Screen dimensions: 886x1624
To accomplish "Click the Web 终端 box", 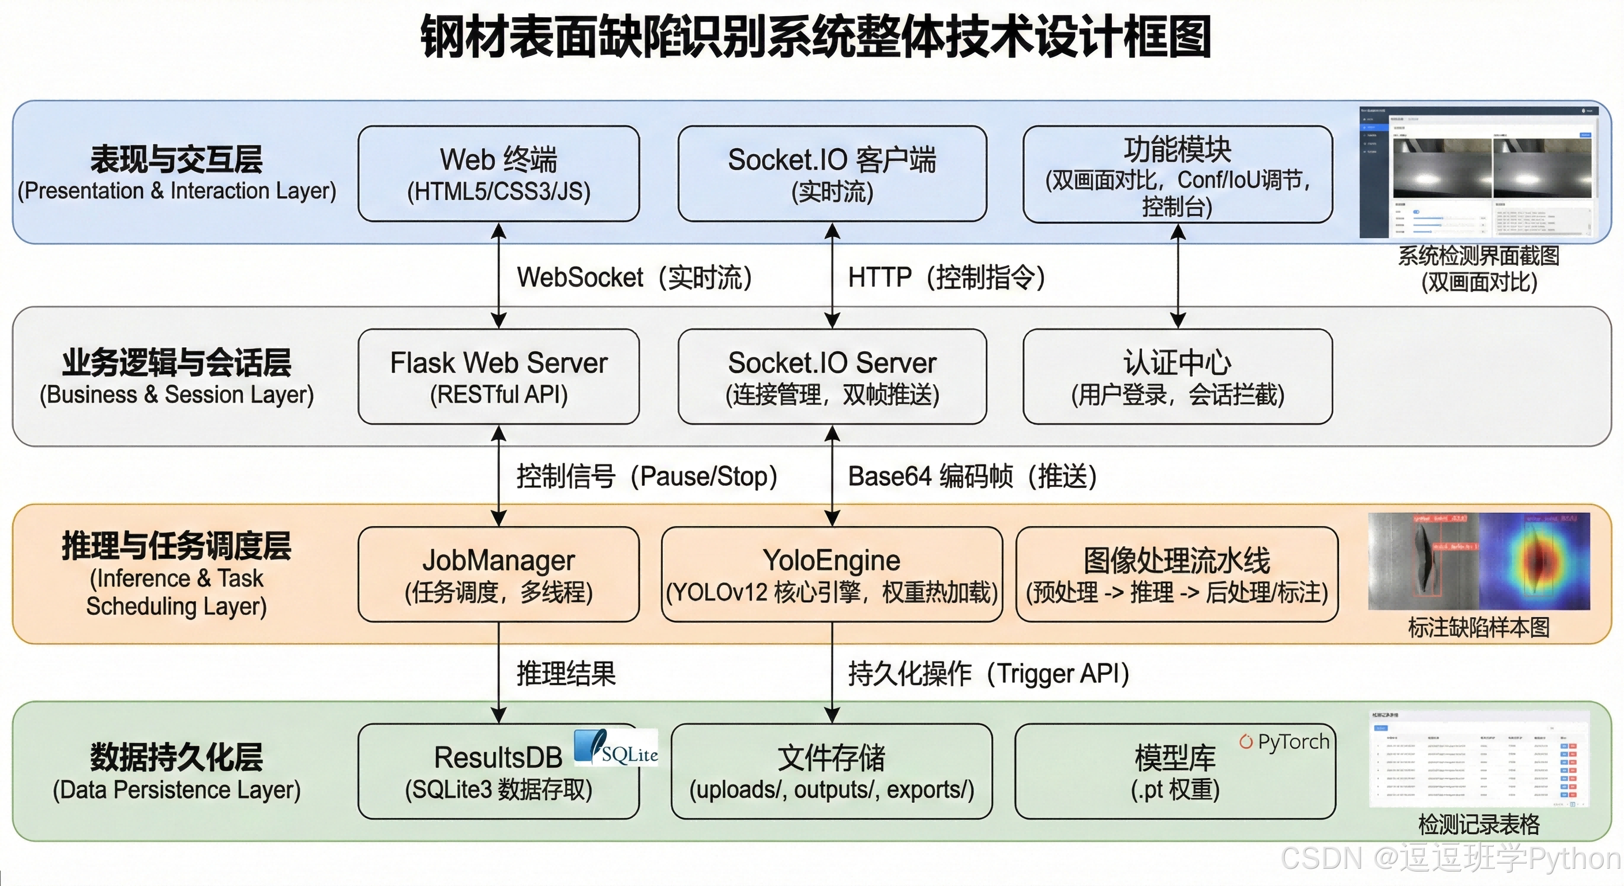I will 498,174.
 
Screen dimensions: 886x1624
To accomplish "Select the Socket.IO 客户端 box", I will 832,174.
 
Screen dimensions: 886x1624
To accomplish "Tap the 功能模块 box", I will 1177,175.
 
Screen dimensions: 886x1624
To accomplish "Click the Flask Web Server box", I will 498,377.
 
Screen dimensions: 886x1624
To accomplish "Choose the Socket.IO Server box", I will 832,377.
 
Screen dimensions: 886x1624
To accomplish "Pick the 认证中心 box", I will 1177,377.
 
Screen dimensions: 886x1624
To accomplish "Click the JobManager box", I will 498,574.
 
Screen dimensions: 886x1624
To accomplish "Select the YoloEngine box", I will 832,574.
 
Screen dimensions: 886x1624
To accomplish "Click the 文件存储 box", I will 832,771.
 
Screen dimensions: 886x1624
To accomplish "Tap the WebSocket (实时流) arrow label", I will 634,277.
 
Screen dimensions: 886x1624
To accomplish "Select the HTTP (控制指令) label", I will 946,277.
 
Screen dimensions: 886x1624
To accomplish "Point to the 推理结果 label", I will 566,674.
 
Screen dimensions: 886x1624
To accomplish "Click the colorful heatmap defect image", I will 1535,561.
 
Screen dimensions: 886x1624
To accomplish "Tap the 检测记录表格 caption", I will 1478,824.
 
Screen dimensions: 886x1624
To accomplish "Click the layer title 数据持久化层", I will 176,757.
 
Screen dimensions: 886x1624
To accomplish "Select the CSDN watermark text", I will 1450,859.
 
